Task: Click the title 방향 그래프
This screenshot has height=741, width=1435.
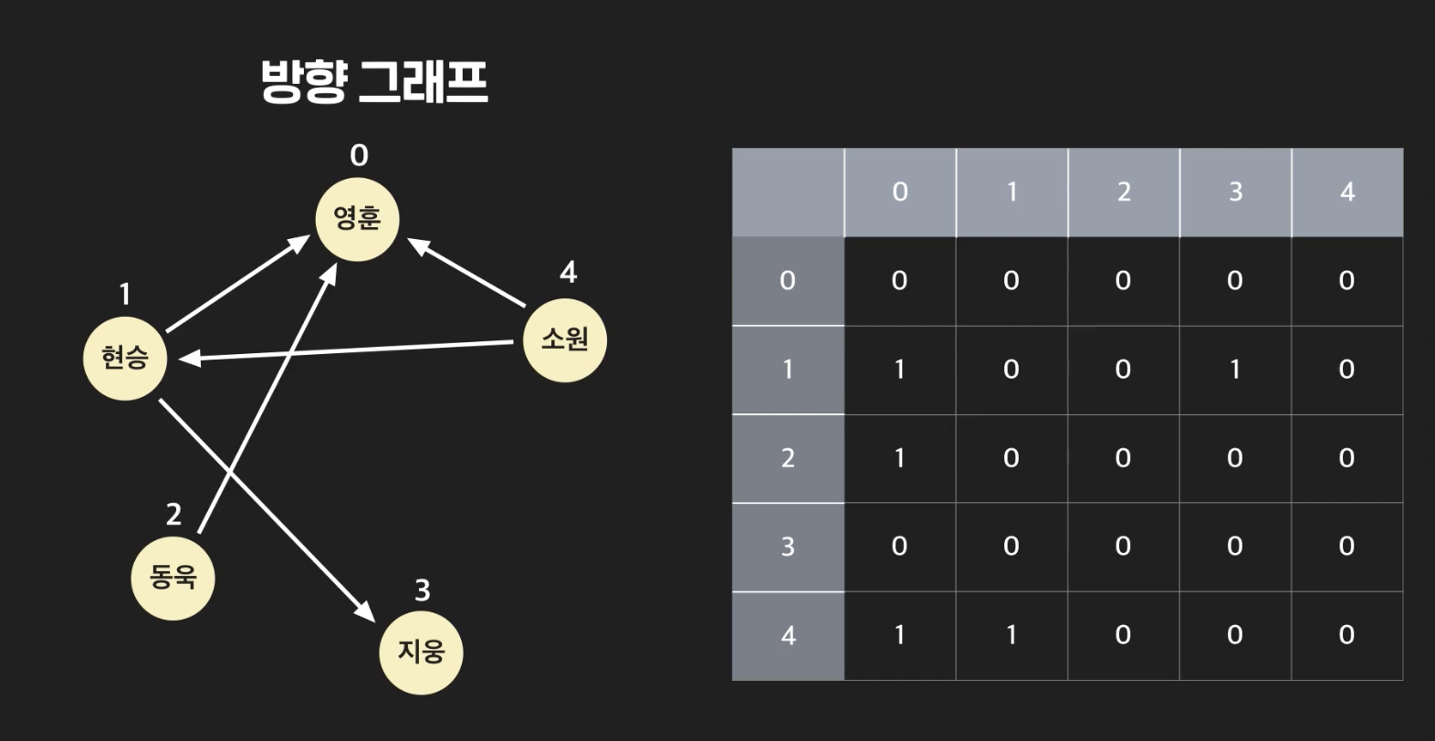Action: click(374, 82)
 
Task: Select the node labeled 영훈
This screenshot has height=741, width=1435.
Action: click(357, 219)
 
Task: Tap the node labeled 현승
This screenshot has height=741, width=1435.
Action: click(124, 358)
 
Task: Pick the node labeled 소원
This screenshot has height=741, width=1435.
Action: click(565, 339)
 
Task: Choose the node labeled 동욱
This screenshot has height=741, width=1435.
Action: click(173, 578)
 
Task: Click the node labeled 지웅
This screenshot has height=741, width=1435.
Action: click(421, 652)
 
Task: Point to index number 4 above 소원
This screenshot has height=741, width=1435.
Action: click(568, 272)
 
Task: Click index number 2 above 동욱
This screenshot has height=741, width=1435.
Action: click(173, 515)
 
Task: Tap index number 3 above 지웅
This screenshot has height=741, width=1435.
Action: click(422, 591)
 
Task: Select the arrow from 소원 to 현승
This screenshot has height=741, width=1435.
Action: click(347, 351)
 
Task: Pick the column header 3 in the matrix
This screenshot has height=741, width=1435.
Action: click(1235, 192)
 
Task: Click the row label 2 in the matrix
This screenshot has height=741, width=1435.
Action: click(788, 458)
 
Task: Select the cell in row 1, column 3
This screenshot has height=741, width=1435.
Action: click(1235, 370)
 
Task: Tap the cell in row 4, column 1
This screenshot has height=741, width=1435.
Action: click(1011, 635)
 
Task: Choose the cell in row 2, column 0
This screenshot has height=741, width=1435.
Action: click(899, 458)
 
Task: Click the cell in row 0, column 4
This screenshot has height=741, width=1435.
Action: click(1346, 281)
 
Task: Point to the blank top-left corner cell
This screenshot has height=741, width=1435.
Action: click(788, 192)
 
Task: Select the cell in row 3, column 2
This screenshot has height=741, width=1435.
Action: click(1123, 547)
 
